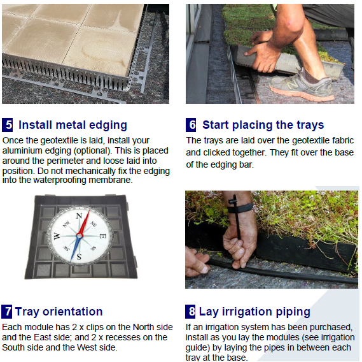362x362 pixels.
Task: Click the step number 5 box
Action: click(8, 125)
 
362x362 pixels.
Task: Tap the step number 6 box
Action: click(191, 125)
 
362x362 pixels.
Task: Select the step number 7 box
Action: click(7, 312)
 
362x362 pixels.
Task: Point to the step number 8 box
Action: click(190, 312)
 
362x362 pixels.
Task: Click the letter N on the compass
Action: click(79, 216)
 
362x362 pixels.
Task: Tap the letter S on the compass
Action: click(79, 257)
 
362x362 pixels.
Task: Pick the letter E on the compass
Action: click(102, 236)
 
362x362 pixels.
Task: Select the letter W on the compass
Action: click(57, 236)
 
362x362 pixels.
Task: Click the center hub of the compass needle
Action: click(80, 236)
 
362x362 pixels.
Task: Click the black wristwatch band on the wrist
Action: click(240, 208)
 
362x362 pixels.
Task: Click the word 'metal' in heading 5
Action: click(71, 125)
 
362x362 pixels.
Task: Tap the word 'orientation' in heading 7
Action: click(73, 312)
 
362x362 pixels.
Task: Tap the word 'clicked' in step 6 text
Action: click(218, 153)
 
